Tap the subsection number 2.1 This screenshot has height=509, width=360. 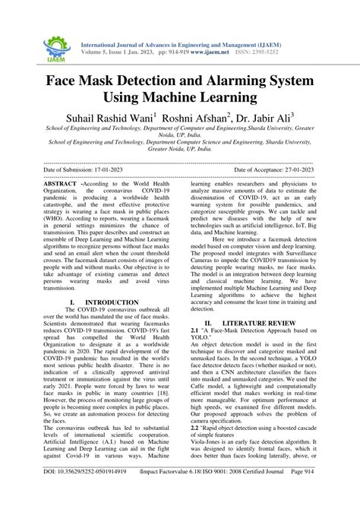(x=195, y=332)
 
